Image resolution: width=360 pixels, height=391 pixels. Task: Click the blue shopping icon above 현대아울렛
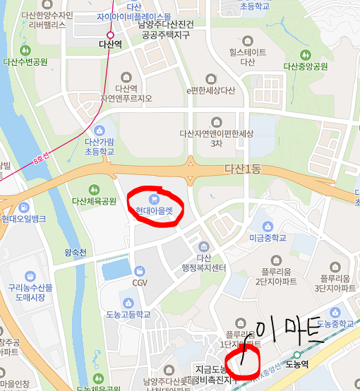(x=155, y=198)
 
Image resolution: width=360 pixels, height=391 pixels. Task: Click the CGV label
(x=140, y=282)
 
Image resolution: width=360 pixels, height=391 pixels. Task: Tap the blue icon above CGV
(x=140, y=271)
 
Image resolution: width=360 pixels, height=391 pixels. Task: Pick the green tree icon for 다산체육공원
(x=94, y=189)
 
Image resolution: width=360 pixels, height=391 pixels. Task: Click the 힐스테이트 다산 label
(x=248, y=56)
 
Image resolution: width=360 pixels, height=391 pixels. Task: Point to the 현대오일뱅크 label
(x=24, y=219)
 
